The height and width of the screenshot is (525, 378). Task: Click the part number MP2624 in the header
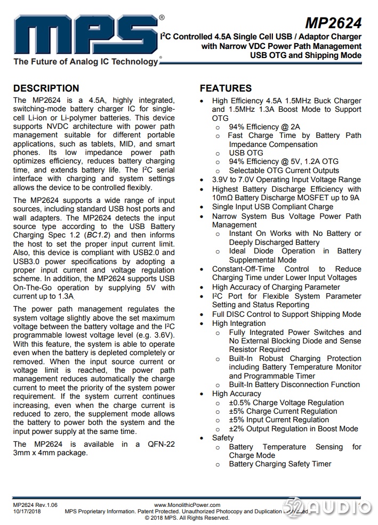tap(333, 23)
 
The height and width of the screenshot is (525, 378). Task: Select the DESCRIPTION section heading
tap(46, 88)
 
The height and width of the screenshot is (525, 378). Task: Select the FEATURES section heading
tap(226, 88)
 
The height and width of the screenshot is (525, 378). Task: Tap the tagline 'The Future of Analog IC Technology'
tap(85, 62)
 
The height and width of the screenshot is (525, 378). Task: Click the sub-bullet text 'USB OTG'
tap(246, 153)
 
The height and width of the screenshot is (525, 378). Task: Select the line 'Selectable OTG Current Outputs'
tap(284, 170)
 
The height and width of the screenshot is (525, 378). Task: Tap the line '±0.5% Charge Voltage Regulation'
tap(286, 403)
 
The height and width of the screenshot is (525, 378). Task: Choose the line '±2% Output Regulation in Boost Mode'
tap(293, 429)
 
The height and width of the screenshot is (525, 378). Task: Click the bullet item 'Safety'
tap(223, 438)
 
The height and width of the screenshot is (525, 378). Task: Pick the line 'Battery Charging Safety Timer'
tap(280, 464)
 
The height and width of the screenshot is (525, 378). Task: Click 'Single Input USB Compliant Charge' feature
tap(272, 207)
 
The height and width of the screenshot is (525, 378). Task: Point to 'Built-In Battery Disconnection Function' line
tap(294, 384)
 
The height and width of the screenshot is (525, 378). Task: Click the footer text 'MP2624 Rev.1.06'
tap(35, 504)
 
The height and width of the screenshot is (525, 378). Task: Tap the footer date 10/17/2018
tap(27, 511)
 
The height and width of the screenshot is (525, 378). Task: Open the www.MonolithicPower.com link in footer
tap(187, 504)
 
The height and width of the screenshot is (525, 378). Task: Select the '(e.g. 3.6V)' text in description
tap(152, 335)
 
